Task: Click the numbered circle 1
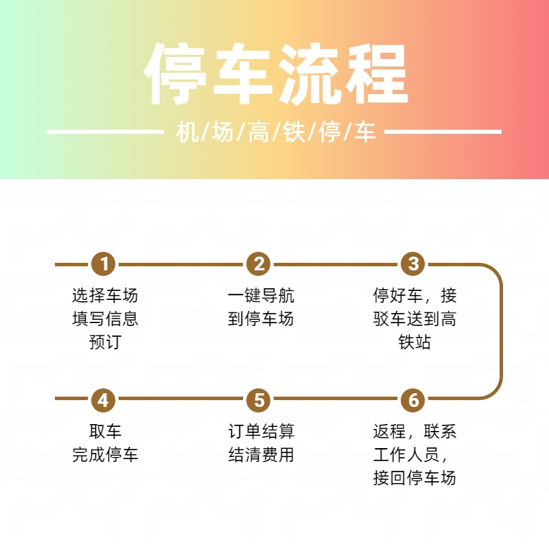click(x=104, y=264)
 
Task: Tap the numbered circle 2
click(x=259, y=264)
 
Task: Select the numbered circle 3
click(x=413, y=264)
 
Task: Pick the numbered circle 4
click(x=104, y=400)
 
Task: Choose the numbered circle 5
click(x=259, y=400)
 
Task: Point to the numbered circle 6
click(x=413, y=400)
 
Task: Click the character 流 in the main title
click(x=309, y=74)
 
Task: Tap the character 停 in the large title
click(x=175, y=74)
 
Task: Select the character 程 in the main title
click(x=375, y=74)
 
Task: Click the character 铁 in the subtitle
click(x=294, y=132)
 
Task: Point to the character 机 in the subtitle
click(x=187, y=132)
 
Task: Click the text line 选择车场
click(x=105, y=295)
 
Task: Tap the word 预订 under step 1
click(x=105, y=342)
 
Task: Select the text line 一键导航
click(x=261, y=295)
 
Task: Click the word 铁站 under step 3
click(x=414, y=342)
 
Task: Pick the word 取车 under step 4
click(x=105, y=431)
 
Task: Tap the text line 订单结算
click(x=261, y=431)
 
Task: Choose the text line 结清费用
click(x=261, y=454)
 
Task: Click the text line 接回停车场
click(x=414, y=478)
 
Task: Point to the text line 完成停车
click(x=105, y=454)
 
